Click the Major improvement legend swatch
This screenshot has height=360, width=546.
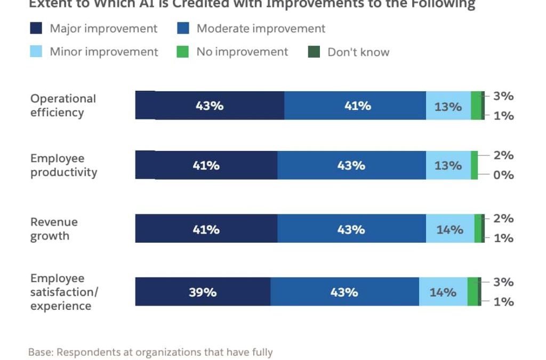[36, 28]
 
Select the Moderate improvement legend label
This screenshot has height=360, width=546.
[261, 28]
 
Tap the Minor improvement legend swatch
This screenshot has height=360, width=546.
[36, 52]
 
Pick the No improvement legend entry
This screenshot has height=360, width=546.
[242, 52]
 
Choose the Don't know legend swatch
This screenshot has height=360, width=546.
[314, 52]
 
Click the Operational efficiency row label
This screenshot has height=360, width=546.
[63, 106]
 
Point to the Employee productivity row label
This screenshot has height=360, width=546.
[63, 165]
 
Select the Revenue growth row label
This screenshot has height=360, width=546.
[54, 229]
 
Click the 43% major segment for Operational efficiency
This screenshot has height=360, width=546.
[209, 106]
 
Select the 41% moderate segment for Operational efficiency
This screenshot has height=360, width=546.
[355, 106]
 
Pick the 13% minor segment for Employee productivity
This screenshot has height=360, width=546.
[448, 165]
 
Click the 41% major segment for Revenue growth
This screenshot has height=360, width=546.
[206, 229]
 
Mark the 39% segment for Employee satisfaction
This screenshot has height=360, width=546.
[203, 292]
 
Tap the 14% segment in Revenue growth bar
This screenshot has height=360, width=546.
[449, 229]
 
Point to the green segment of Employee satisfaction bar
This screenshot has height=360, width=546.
[472, 292]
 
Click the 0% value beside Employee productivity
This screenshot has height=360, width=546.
[503, 175]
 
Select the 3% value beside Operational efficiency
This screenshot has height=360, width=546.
[503, 96]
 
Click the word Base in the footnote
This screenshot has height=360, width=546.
[41, 352]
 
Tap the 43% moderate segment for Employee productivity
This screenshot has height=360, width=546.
[351, 165]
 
